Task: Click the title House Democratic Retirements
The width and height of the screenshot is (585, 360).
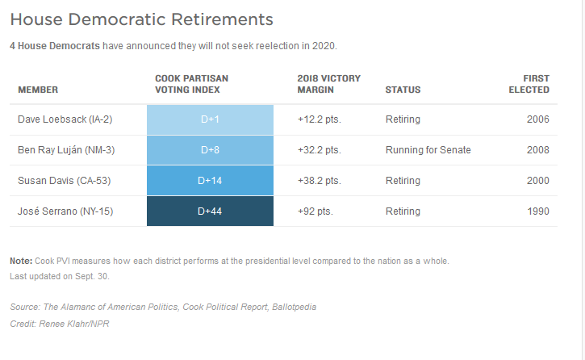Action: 141,19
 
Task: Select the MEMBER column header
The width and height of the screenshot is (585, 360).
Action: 38,90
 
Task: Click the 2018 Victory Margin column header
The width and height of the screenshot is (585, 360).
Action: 328,84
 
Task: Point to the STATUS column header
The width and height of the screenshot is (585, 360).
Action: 403,90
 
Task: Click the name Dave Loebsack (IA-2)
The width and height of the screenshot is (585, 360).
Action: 65,119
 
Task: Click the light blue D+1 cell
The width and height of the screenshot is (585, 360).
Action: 210,119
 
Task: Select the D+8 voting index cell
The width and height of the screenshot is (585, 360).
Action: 210,150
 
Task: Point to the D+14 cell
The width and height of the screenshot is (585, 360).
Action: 210,181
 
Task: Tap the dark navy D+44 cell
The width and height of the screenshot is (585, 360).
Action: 210,211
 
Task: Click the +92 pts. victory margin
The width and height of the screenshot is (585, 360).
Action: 315,211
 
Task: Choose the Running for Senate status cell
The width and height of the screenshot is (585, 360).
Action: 428,150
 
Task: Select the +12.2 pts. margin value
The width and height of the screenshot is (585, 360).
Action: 319,119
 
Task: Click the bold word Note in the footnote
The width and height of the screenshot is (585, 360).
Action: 20,262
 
